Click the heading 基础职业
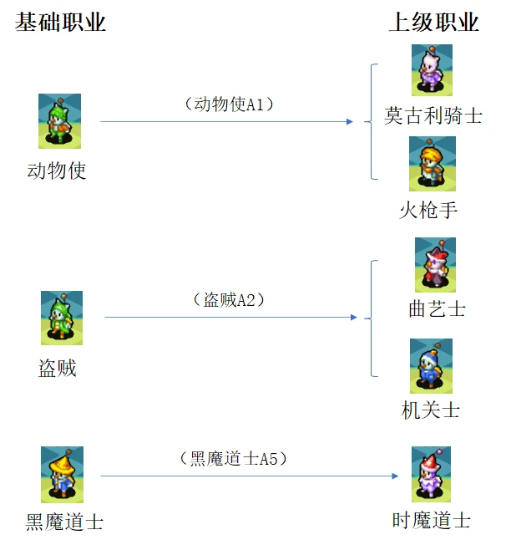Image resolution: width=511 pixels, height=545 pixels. tap(61, 23)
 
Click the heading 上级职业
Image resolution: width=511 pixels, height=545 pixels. tap(433, 23)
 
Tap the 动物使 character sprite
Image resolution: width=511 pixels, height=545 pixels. tap(59, 121)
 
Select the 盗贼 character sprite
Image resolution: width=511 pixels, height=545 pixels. tap(62, 318)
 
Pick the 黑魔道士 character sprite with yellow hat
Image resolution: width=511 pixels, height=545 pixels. tap(62, 474)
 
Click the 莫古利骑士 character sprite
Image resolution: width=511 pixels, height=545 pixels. tap(432, 70)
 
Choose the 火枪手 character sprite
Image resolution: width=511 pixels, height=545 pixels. tap(432, 164)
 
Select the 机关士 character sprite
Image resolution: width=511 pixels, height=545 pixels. tap(431, 365)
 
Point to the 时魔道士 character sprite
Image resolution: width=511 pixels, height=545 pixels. tap(431, 474)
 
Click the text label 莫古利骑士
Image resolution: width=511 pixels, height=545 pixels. tap(433, 115)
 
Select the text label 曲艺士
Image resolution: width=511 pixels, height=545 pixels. tap(437, 309)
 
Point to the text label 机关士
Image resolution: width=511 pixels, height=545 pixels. tap(431, 410)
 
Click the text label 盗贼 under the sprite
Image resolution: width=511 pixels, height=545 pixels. tap(58, 368)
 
